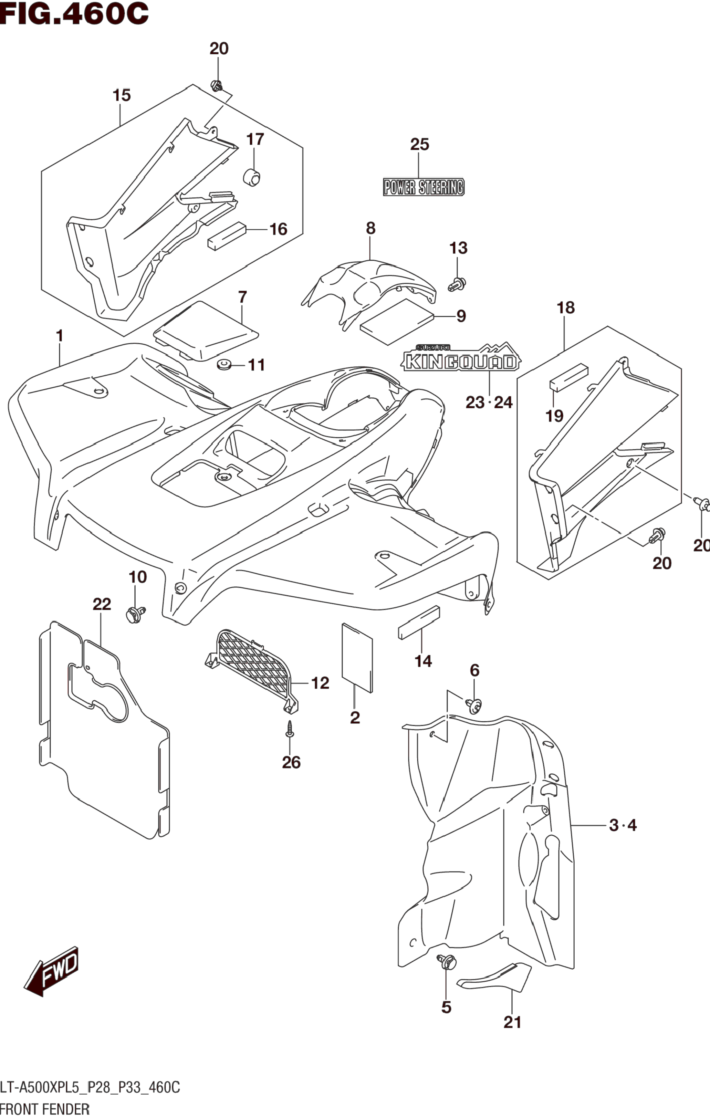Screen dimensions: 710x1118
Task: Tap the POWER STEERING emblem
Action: click(x=424, y=187)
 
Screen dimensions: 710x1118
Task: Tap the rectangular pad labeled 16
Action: click(x=226, y=236)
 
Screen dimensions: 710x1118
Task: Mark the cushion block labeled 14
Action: click(x=418, y=623)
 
